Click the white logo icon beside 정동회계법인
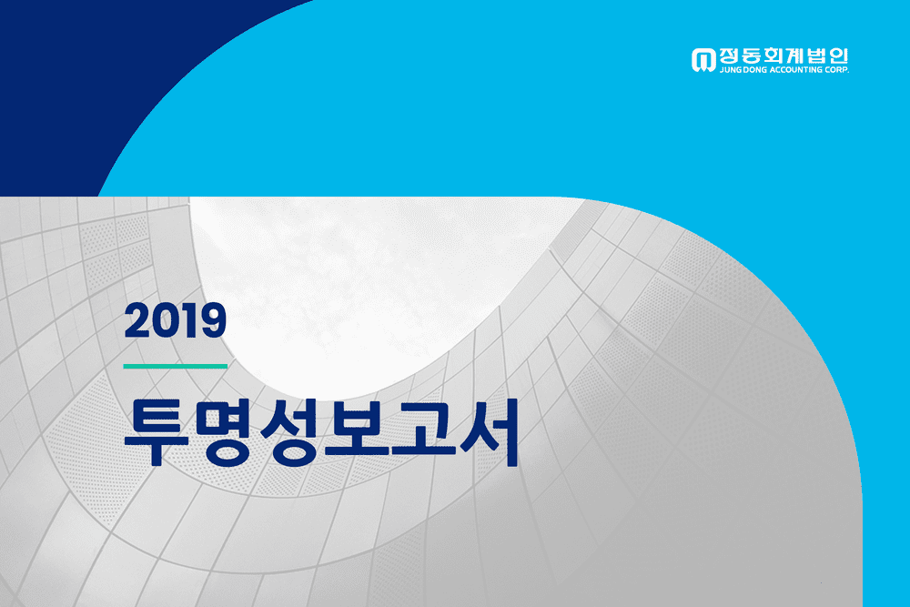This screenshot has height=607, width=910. (x=703, y=60)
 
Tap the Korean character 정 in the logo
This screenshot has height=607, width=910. (x=729, y=56)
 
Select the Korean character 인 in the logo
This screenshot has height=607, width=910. (x=839, y=56)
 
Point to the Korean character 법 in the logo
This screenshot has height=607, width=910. (x=817, y=56)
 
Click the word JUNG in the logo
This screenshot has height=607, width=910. (x=729, y=70)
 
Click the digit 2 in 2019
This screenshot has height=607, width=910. (x=137, y=320)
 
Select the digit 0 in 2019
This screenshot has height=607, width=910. (x=166, y=320)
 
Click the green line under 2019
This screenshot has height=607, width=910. (x=176, y=366)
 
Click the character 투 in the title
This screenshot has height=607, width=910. (x=157, y=432)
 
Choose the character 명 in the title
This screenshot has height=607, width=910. (x=224, y=432)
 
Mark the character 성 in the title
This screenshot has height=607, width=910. (x=290, y=432)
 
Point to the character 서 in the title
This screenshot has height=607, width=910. (x=488, y=432)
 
